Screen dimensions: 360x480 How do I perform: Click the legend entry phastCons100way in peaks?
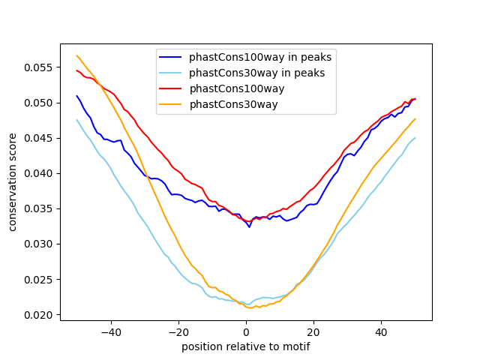pos(259,56)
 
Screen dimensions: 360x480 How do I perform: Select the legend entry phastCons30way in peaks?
pos(256,73)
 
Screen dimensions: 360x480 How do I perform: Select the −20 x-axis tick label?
pos(178,331)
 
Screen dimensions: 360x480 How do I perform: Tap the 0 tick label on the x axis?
pos(246,331)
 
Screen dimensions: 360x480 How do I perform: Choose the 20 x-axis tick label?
pos(313,331)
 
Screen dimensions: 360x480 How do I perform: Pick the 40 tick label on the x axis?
pos(381,331)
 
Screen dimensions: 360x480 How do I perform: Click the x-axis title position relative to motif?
pos(246,346)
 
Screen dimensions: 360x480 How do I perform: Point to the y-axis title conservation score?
pos(13,181)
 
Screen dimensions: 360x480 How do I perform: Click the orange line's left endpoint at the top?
pos(76,55)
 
